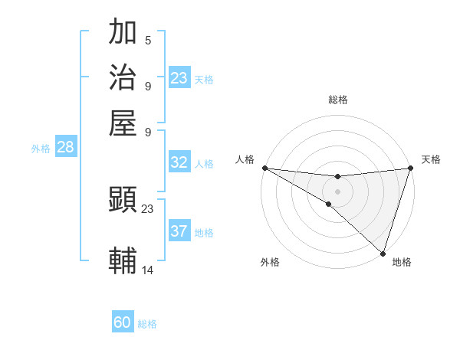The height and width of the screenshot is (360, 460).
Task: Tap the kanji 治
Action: coord(123,77)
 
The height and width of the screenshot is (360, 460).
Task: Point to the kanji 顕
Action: coord(123,200)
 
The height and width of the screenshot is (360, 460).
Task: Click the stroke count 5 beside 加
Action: coord(148,40)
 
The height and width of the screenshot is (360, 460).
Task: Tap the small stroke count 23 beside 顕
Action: coord(148,208)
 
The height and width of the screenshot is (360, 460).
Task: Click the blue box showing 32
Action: coord(179,162)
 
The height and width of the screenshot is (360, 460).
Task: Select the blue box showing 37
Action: coord(179,231)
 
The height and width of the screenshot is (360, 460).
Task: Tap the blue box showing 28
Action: coord(65,148)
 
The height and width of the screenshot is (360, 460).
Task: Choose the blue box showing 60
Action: coord(123,322)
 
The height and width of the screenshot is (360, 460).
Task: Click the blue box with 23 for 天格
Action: coord(179,78)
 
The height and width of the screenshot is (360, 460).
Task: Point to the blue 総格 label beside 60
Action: coord(147,324)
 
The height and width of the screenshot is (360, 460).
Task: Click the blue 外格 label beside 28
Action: coord(41,149)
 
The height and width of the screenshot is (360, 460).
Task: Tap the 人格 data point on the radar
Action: coord(264,168)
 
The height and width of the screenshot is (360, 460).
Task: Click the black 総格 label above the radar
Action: coord(338,100)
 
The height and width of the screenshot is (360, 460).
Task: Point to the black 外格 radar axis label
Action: coord(270,262)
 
